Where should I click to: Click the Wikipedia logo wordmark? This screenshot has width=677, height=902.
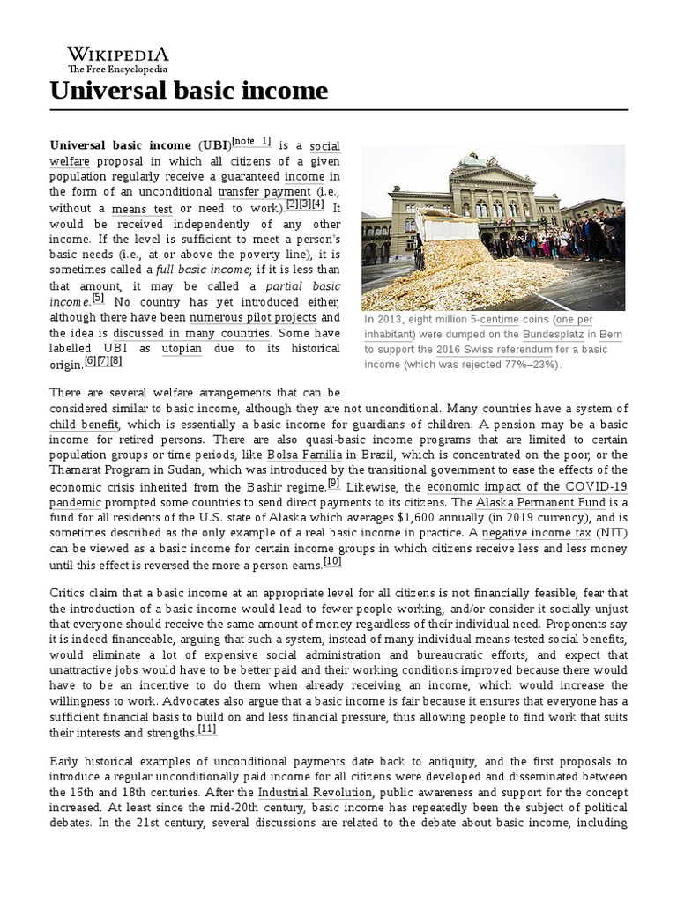click(x=118, y=55)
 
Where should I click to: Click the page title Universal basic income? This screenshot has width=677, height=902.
click(x=189, y=90)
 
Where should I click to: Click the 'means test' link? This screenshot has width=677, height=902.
click(x=142, y=209)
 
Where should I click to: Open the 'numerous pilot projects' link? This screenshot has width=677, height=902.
click(x=252, y=317)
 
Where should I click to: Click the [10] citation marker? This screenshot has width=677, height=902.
click(x=332, y=562)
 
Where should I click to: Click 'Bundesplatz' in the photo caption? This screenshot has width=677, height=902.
click(x=552, y=334)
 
